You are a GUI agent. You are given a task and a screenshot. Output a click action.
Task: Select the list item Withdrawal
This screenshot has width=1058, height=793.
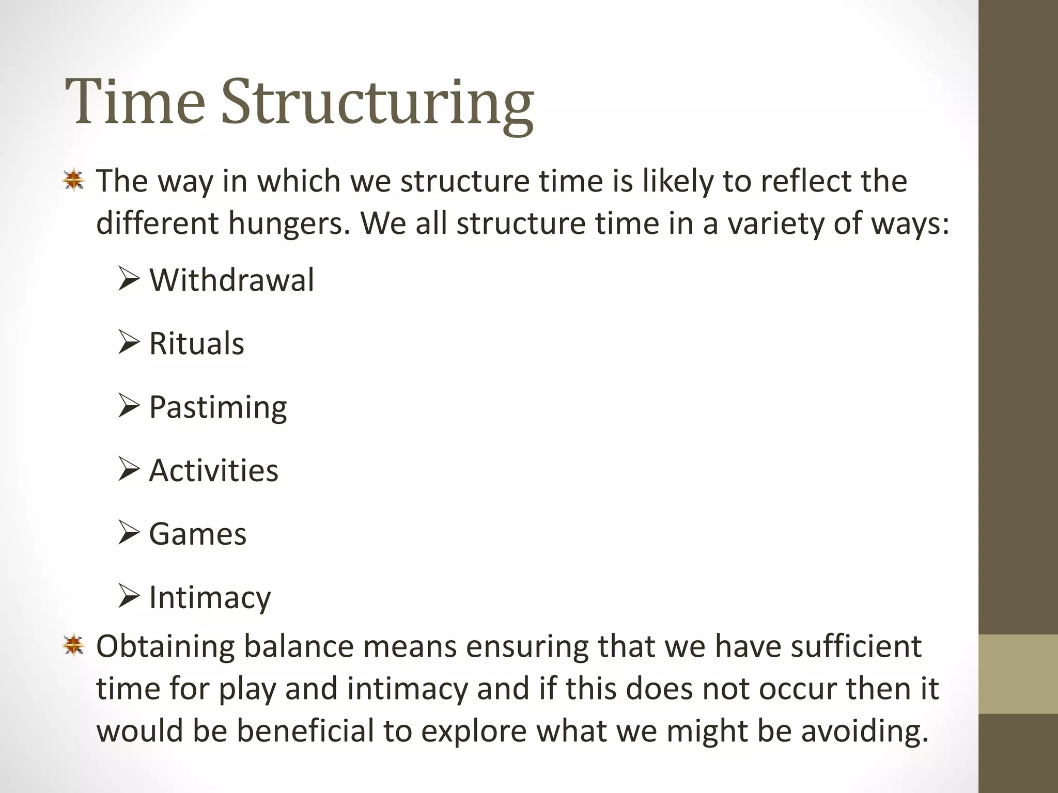tap(231, 280)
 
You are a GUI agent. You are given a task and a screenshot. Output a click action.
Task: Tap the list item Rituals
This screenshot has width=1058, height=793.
tap(196, 344)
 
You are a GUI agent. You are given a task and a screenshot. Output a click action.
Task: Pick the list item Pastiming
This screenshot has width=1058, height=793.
tap(217, 408)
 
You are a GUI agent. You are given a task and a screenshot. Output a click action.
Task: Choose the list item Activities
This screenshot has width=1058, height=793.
tap(213, 471)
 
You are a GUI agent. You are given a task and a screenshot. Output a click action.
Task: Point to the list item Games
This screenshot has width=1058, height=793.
tap(197, 534)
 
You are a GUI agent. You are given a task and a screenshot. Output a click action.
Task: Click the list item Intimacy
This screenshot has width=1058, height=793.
tap(210, 598)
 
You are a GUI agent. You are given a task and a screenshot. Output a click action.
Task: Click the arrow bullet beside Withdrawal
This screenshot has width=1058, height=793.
tap(129, 279)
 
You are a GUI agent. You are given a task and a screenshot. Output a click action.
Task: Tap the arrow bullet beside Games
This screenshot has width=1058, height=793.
tap(129, 533)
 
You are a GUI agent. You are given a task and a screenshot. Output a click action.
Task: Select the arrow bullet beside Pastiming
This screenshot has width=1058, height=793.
tap(129, 406)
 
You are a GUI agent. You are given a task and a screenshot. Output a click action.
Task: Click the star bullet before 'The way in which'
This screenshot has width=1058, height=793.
tap(74, 181)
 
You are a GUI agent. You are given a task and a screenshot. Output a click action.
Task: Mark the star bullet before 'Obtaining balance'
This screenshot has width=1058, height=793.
tap(74, 645)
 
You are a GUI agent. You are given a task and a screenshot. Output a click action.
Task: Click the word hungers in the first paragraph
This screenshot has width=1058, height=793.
tap(289, 224)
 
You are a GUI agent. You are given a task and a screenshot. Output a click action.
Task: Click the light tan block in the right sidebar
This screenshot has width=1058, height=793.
tap(1018, 674)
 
